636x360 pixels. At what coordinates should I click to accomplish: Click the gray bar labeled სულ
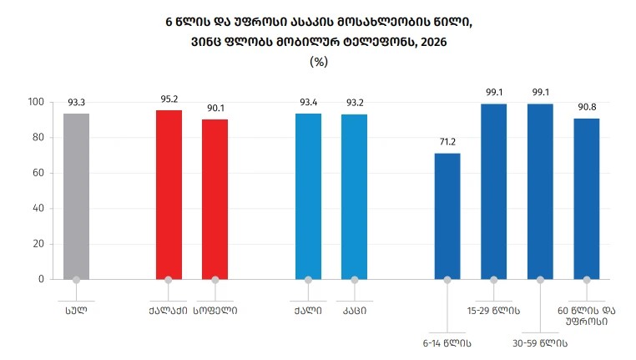click(x=76, y=196)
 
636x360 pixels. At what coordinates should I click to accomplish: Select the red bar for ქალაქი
click(x=169, y=195)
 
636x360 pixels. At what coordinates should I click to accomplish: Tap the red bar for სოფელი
click(x=215, y=200)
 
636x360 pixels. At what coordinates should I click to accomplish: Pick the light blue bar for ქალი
click(x=308, y=196)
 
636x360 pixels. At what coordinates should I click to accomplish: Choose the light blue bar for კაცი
click(x=355, y=197)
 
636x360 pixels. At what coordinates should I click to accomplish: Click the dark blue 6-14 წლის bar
click(x=447, y=216)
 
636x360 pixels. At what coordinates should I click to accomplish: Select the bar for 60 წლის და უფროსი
click(x=587, y=199)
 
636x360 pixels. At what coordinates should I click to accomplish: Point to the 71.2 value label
click(x=447, y=142)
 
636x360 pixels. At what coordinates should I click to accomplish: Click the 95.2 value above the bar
click(x=169, y=99)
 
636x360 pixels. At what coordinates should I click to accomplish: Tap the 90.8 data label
click(x=587, y=107)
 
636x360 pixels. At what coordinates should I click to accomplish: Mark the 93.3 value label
click(x=76, y=103)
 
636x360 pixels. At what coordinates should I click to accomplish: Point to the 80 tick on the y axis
click(x=38, y=138)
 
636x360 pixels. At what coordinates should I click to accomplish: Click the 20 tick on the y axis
click(x=38, y=244)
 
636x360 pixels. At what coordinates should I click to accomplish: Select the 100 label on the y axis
click(x=36, y=102)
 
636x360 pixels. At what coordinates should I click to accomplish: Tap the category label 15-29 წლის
click(x=493, y=312)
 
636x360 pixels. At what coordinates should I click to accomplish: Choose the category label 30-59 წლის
click(x=540, y=344)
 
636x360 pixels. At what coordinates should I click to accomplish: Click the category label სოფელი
click(x=215, y=311)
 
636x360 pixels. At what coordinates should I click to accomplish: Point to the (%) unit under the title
click(x=318, y=62)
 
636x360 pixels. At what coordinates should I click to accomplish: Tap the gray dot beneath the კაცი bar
click(x=355, y=280)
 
